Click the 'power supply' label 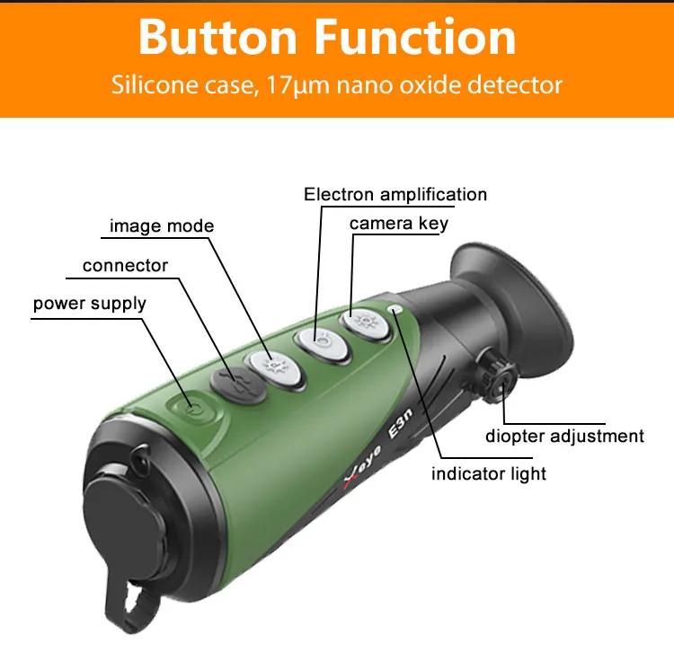coord(89,304)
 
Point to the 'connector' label coord(125,266)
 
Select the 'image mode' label coord(162,225)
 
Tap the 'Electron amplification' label coord(395,194)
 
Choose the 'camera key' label coord(398,223)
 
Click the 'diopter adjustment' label coord(564,436)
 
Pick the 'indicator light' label coord(488,472)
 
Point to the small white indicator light coord(395,310)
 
